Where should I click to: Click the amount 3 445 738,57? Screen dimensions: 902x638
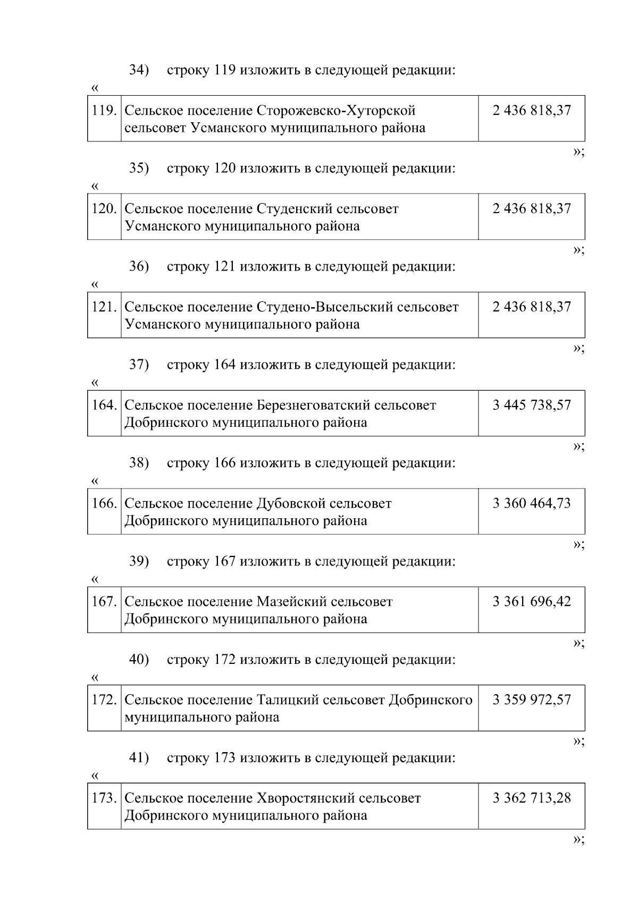[x=531, y=405]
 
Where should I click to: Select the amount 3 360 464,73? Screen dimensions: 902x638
[x=531, y=503]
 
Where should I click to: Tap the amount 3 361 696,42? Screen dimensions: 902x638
[x=531, y=602]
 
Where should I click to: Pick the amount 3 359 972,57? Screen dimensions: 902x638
[x=531, y=700]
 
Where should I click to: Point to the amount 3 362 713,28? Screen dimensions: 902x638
[x=531, y=798]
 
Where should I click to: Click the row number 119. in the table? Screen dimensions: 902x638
[x=104, y=111]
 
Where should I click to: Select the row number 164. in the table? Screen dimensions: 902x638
[x=104, y=405]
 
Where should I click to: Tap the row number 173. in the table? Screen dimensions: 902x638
[x=104, y=798]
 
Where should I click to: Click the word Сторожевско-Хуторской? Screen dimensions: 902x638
[x=336, y=111]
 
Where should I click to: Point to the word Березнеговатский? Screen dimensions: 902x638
[x=313, y=406]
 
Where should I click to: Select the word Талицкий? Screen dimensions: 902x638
[x=287, y=701]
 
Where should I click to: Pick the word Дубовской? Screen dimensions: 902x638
[x=290, y=504]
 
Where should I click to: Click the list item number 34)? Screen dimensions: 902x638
[x=139, y=70]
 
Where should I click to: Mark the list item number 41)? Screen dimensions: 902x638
[x=139, y=758]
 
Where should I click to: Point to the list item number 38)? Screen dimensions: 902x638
[x=139, y=463]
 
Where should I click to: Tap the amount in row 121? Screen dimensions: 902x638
[x=531, y=307]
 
